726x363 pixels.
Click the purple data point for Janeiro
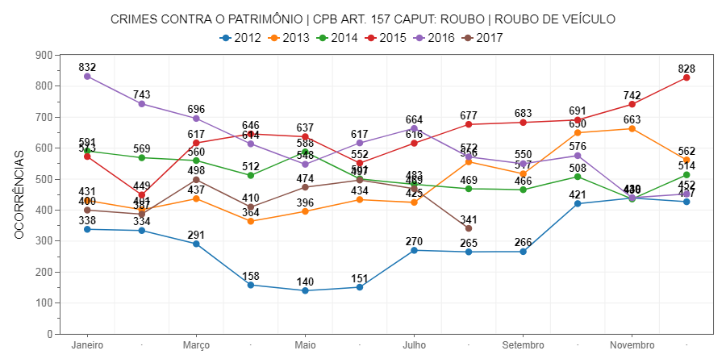pyautogui.click(x=87, y=77)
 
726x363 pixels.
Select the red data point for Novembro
pyautogui.click(x=632, y=104)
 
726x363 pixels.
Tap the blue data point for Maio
pyautogui.click(x=305, y=290)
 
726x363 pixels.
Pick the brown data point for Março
pyautogui.click(x=196, y=180)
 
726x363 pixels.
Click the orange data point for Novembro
pyautogui.click(x=632, y=129)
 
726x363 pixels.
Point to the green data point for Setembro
pyautogui.click(x=524, y=190)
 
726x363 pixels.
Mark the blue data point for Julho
pyautogui.click(x=415, y=251)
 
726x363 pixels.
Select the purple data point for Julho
pyautogui.click(x=415, y=128)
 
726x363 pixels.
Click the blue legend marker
pyautogui.click(x=226, y=38)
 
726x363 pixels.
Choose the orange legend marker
pyautogui.click(x=274, y=38)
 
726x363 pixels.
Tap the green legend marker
pyautogui.click(x=323, y=38)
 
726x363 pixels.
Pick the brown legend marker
pyautogui.click(x=468, y=38)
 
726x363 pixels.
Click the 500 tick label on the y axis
pyautogui.click(x=44, y=179)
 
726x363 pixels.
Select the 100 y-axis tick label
pyautogui.click(x=44, y=303)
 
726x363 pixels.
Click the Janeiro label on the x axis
pyautogui.click(x=87, y=345)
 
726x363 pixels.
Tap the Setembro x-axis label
pyautogui.click(x=524, y=345)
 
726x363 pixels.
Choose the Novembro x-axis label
pyautogui.click(x=632, y=345)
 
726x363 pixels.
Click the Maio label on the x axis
pyautogui.click(x=305, y=345)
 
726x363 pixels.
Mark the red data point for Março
pyautogui.click(x=196, y=143)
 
